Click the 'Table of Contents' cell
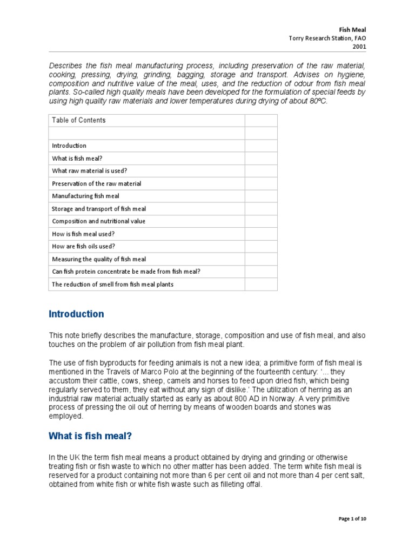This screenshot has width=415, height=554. click(78, 120)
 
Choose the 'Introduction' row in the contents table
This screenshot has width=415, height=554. click(69, 146)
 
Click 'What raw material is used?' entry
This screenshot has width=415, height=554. click(90, 170)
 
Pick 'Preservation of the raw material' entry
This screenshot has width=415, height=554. click(96, 183)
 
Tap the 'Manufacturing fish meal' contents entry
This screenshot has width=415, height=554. click(85, 196)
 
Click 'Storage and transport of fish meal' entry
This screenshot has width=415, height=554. click(99, 208)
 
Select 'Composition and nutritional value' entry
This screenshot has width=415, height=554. click(98, 221)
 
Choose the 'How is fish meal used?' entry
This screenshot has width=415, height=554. click(83, 234)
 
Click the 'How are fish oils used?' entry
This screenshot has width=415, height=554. click(83, 246)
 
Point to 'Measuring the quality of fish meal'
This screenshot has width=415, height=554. click(99, 259)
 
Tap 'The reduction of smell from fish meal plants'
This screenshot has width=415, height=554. click(112, 284)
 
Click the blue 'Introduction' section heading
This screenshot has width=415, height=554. click(76, 314)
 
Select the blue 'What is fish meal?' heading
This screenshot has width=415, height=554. click(90, 436)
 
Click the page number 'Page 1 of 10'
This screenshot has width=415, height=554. click(352, 519)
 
